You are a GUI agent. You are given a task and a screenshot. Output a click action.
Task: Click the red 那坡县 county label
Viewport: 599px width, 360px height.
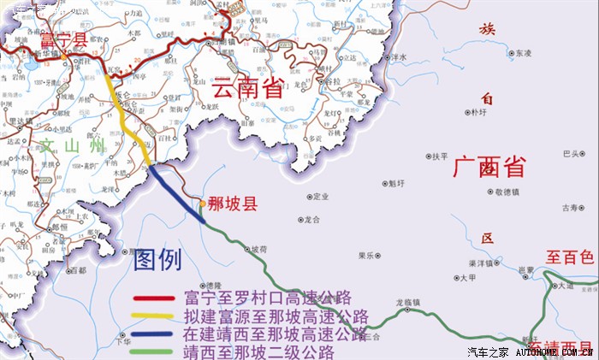coord(233,204)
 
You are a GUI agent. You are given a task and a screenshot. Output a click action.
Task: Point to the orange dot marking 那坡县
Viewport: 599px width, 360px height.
coord(202,204)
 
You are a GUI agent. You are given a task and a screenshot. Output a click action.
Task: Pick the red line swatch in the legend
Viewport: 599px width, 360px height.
coord(155,299)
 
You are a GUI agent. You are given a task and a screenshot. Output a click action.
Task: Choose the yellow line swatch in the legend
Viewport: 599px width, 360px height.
coord(155,317)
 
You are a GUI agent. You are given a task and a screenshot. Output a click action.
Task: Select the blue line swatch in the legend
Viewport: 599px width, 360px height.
coord(155,334)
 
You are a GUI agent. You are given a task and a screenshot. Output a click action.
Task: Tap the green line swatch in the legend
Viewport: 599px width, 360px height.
coord(155,351)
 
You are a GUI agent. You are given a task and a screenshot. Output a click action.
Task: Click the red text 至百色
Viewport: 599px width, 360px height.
coord(570,257)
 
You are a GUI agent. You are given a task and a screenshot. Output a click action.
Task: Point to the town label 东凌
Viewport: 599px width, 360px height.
coord(525,53)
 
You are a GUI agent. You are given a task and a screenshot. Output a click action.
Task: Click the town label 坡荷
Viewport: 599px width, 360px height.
coord(258,250)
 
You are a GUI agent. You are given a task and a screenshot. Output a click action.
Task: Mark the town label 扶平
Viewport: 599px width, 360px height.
coord(440,156)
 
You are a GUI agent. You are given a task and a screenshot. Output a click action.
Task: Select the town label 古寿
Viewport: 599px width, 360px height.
coord(570,208)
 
